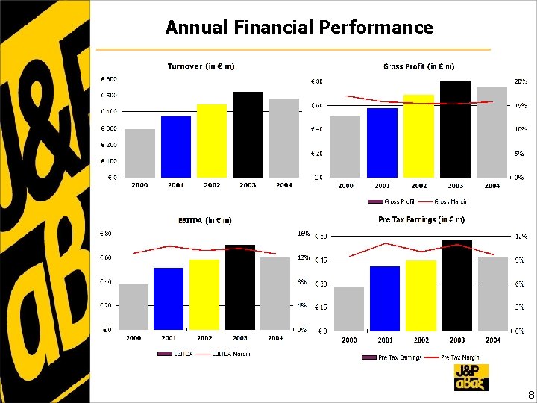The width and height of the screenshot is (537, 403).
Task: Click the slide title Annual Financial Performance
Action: (299, 28)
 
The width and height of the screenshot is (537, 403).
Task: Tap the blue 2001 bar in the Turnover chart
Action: (176, 147)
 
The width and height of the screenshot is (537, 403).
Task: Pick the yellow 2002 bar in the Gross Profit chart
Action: (418, 136)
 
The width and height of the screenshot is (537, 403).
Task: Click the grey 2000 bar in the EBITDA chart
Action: (134, 306)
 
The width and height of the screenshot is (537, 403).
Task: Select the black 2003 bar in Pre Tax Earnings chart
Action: (456, 285)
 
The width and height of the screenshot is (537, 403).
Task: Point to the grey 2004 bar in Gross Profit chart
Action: (492, 132)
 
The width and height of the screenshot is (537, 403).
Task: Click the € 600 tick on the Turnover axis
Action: (108, 79)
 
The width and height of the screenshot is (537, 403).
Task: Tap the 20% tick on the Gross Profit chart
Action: (519, 81)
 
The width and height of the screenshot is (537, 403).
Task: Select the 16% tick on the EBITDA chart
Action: (304, 234)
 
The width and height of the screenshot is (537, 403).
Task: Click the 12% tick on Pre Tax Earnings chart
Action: (520, 236)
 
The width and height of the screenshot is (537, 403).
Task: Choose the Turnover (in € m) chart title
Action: (201, 66)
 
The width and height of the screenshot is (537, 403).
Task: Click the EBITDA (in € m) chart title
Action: (204, 220)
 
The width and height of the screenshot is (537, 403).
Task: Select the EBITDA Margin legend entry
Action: (230, 353)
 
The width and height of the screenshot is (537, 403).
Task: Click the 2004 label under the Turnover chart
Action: (283, 185)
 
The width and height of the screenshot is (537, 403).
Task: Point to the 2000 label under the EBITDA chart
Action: (134, 338)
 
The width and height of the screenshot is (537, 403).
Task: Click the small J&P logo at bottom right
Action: (471, 377)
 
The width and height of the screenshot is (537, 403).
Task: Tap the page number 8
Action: (530, 394)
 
